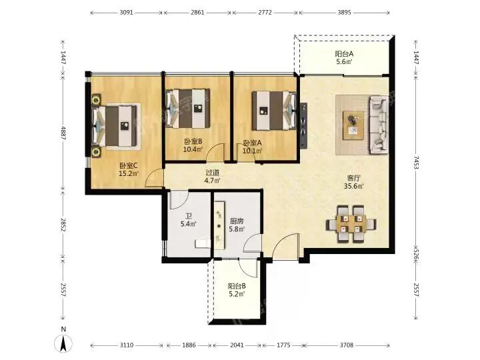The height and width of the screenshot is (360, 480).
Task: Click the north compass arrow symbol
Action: pyautogui.click(x=63, y=343)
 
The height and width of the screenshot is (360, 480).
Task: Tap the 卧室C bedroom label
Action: pyautogui.click(x=129, y=165)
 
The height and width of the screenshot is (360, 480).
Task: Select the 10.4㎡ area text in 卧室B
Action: pyautogui.click(x=193, y=149)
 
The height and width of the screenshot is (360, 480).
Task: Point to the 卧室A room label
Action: pyautogui.click(x=253, y=143)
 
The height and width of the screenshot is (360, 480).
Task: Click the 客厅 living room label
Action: pyautogui.click(x=353, y=178)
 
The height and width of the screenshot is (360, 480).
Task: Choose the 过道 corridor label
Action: pyautogui.click(x=213, y=173)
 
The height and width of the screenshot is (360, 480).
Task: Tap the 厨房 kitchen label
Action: pyautogui.click(x=237, y=221)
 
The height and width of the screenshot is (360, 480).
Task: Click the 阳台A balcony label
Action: pyautogui.click(x=344, y=54)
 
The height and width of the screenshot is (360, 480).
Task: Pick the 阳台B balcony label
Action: pyautogui.click(x=237, y=286)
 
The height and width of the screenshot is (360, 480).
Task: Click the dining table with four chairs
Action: pyautogui.click(x=351, y=224)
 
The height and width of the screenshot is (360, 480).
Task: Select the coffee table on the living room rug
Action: pyautogui.click(x=353, y=125)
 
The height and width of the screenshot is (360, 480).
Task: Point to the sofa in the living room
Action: pyautogui.click(x=379, y=125)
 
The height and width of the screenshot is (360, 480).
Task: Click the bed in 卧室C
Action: pyautogui.click(x=114, y=126)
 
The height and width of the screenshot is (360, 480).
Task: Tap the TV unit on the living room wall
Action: pyautogui.click(x=303, y=125)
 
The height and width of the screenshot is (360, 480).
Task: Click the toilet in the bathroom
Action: pyautogui.click(x=203, y=243)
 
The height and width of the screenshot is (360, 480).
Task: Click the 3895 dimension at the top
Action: pyautogui.click(x=344, y=13)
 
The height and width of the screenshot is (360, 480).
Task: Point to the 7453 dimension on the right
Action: pyautogui.click(x=416, y=162)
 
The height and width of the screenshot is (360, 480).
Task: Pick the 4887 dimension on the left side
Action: pyautogui.click(x=63, y=133)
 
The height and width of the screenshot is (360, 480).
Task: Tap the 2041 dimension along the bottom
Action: pyautogui.click(x=237, y=345)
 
